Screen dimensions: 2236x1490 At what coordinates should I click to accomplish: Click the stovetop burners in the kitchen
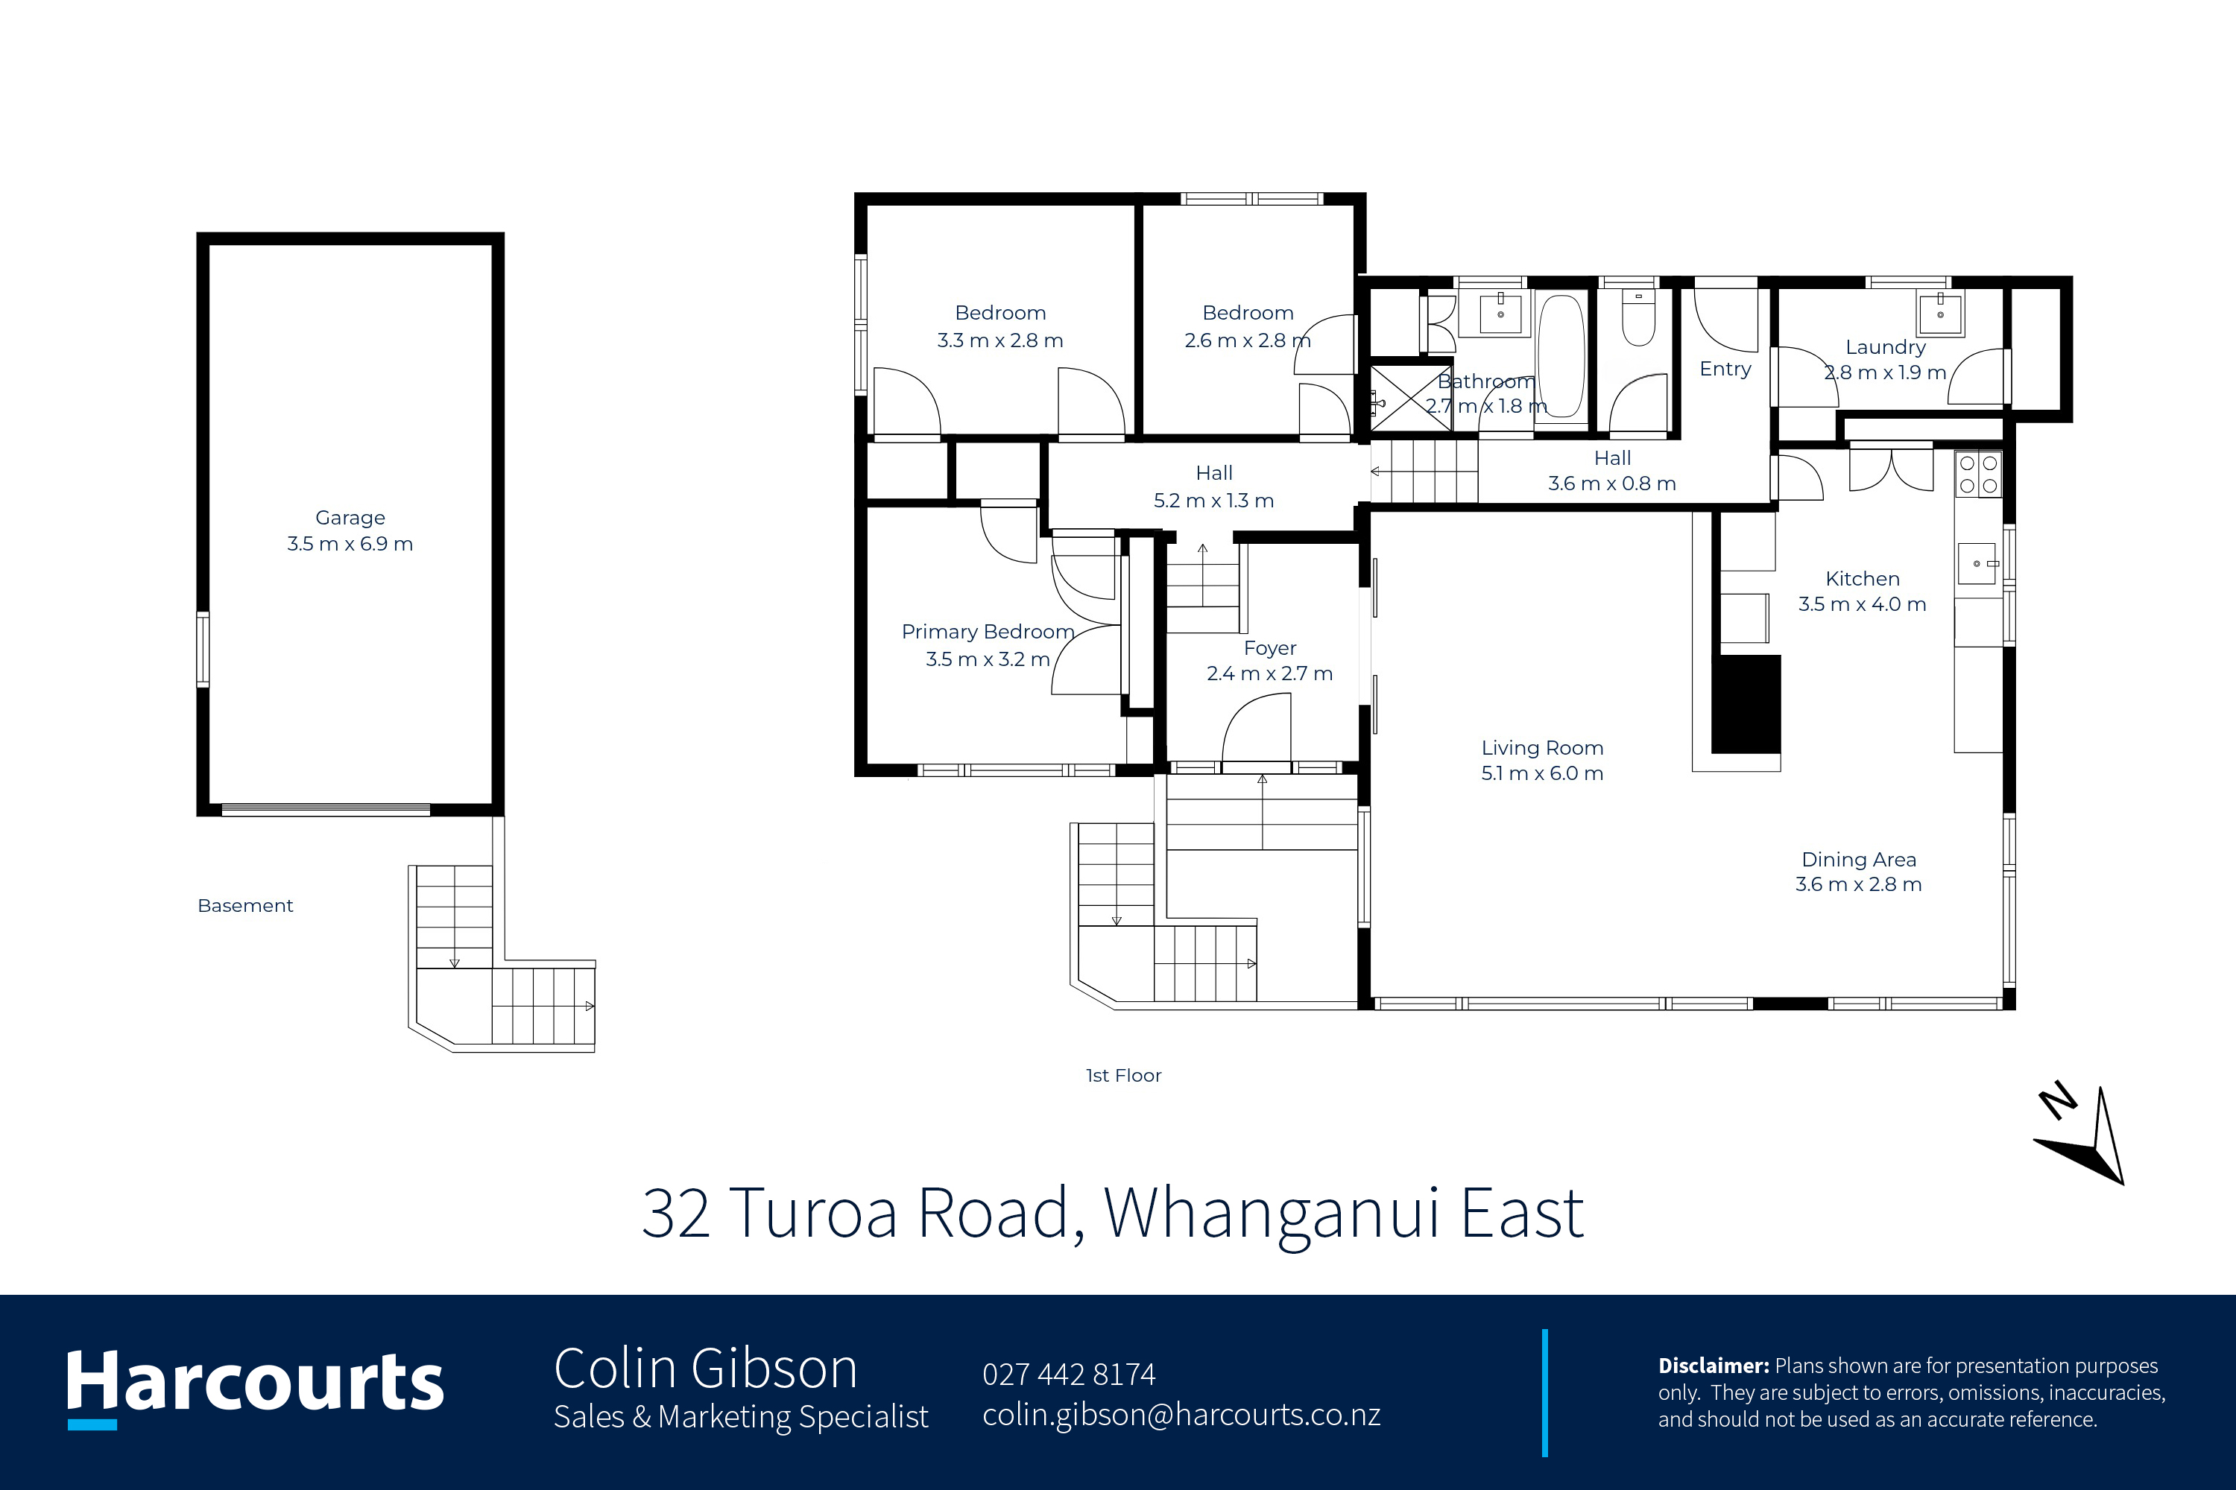[x=1978, y=473]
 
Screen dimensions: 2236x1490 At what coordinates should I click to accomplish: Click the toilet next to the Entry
[x=1638, y=317]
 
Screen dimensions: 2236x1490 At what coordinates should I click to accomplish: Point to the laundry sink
[x=1939, y=314]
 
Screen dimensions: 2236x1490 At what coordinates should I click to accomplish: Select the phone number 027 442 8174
[x=1069, y=1374]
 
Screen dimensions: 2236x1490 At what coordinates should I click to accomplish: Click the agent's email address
[x=1181, y=1415]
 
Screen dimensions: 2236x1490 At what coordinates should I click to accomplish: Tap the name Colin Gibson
[x=705, y=1369]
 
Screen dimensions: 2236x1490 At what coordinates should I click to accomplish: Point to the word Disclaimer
[x=1713, y=1366]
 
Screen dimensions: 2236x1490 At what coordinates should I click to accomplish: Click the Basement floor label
[x=245, y=906]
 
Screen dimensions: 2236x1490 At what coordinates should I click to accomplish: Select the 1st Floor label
[x=1124, y=1076]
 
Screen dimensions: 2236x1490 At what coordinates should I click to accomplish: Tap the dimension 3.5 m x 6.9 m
[x=350, y=545]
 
